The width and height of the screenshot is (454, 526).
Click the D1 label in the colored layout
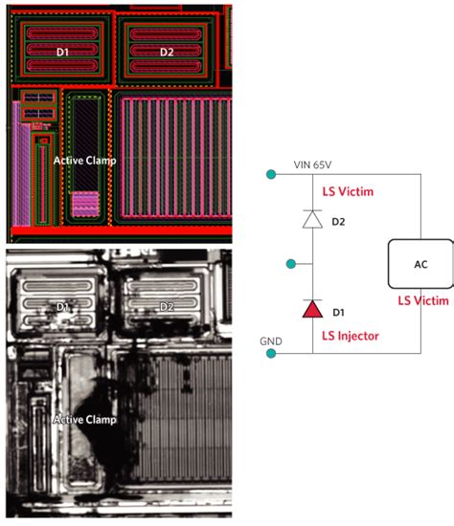coord(62,52)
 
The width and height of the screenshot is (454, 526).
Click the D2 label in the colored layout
coord(167,52)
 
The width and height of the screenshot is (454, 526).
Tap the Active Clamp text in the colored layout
coord(84,161)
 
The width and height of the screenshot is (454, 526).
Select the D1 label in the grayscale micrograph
coord(62,307)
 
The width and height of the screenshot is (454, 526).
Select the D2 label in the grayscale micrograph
coord(167,307)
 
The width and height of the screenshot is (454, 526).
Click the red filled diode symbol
coord(313,309)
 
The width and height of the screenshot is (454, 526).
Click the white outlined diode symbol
coord(313,219)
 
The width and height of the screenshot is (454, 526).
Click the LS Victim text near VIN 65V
coord(346,191)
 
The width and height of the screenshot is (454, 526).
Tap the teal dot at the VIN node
coord(274,174)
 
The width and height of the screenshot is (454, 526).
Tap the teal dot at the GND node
coord(274,354)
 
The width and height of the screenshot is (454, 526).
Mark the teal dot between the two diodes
coord(288,261)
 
